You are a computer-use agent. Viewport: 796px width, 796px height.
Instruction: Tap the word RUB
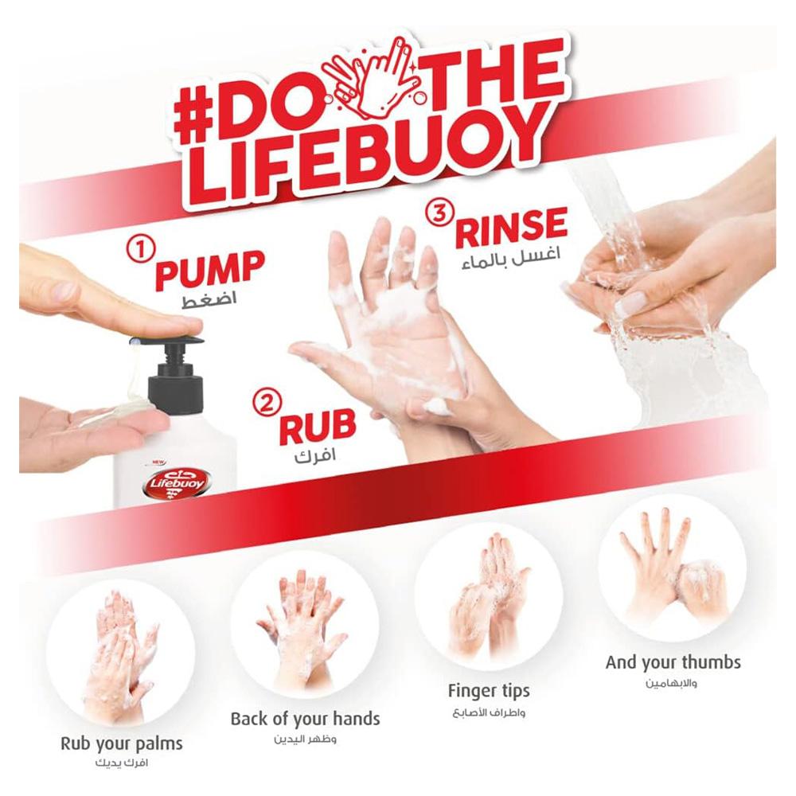[318, 426]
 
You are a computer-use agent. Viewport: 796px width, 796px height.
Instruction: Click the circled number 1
[138, 252]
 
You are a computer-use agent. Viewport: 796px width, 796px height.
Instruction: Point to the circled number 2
[266, 403]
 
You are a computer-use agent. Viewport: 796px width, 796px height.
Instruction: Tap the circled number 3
[439, 213]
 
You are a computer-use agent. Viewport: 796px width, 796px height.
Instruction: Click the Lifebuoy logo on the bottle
[177, 482]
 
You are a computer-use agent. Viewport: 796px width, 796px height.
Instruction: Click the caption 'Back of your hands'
[305, 719]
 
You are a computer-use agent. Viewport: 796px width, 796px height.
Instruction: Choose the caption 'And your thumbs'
[673, 663]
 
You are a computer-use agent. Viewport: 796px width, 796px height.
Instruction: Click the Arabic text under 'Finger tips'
[489, 713]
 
